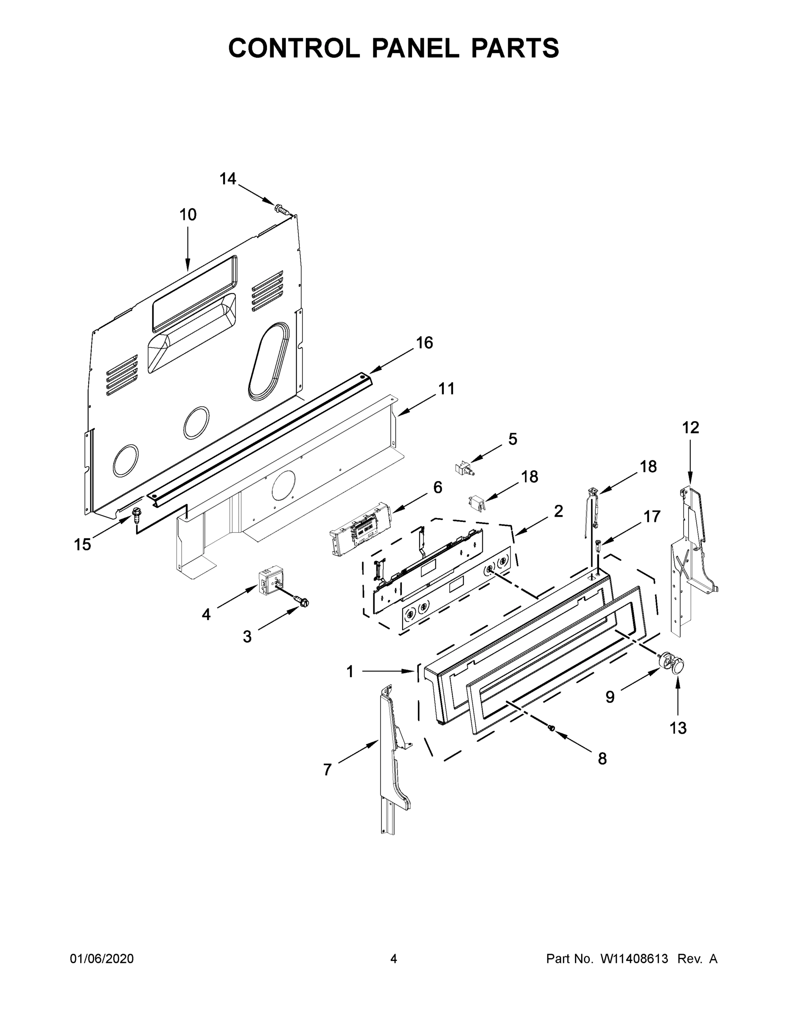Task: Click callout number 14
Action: click(x=228, y=179)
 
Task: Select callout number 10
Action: click(x=188, y=215)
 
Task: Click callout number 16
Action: click(x=424, y=343)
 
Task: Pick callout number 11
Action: click(x=446, y=388)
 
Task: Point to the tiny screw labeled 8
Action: click(x=551, y=728)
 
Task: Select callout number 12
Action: click(x=691, y=428)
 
